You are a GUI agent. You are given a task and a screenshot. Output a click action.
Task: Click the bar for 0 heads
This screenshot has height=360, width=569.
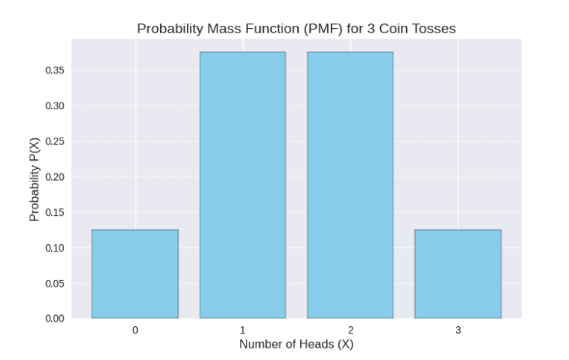pos(135,273)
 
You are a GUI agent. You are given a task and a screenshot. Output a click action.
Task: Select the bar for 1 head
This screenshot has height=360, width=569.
pos(242,184)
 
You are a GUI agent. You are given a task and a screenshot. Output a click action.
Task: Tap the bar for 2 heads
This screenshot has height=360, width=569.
pos(350,184)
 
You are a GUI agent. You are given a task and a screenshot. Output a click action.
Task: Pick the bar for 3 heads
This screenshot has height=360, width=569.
pos(458,273)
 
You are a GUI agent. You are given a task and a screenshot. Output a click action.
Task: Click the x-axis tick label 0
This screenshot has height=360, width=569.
pos(135,330)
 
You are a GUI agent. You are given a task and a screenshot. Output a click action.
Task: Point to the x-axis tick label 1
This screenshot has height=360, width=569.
pos(242,330)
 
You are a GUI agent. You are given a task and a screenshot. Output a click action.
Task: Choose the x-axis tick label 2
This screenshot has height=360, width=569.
pos(350,330)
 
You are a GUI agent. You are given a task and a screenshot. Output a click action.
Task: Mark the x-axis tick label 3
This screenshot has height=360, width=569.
pos(458,330)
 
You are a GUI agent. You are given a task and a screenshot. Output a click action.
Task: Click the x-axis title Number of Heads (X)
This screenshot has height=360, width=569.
pos(296,345)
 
